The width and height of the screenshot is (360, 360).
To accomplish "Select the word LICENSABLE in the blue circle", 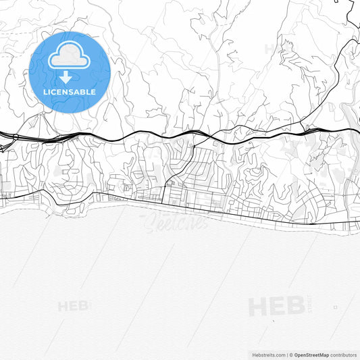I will coord(70,92).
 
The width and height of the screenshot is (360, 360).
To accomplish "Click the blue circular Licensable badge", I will coord(70,71).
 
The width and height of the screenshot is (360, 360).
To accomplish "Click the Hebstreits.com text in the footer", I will coord(268,354).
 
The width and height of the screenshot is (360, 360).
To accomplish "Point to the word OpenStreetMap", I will coord(311,354).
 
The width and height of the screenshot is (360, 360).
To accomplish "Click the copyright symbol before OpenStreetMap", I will coord(291,354).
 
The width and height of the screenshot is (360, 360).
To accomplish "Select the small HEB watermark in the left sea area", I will coord(73,306).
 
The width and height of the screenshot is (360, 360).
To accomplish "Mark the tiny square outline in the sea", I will coord(335,307).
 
